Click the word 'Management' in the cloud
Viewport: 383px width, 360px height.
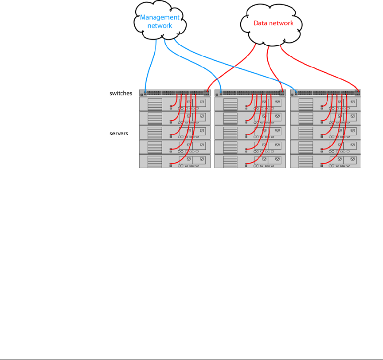click(x=160, y=18)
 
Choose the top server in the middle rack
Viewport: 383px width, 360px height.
click(x=250, y=104)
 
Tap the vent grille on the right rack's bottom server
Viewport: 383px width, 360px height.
click(x=305, y=161)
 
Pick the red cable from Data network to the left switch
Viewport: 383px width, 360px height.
click(x=231, y=67)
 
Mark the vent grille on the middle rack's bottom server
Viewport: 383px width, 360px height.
click(x=230, y=161)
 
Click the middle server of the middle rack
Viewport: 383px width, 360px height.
click(x=250, y=133)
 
